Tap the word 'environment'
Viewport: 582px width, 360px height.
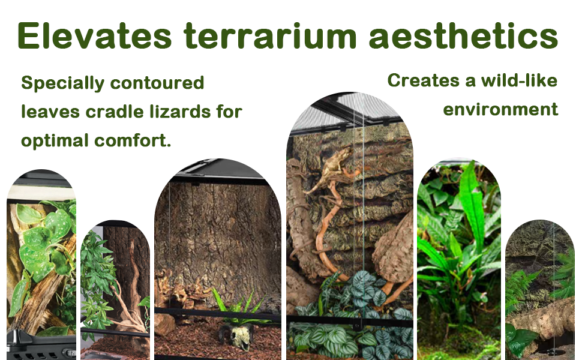point(500,109)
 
